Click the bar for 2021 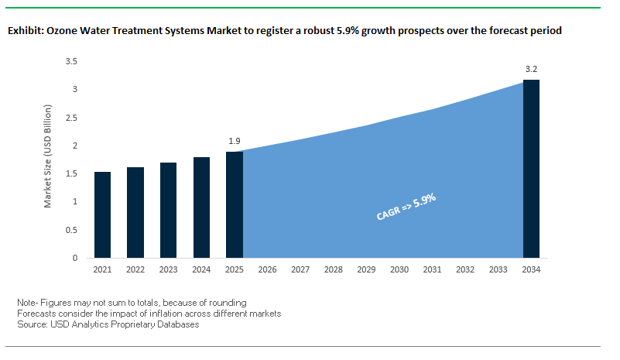(x=102, y=215)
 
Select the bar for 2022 (x=135, y=213)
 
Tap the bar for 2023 (x=168, y=211)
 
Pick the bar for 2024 (x=201, y=207)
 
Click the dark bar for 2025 (x=234, y=204)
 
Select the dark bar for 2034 (x=531, y=169)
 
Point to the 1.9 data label (x=235, y=141)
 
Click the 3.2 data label (x=531, y=70)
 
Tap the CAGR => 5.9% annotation (x=406, y=207)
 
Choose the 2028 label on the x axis (x=334, y=270)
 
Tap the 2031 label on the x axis (x=432, y=270)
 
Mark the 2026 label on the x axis (x=267, y=270)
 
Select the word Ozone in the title (x=63, y=32)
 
